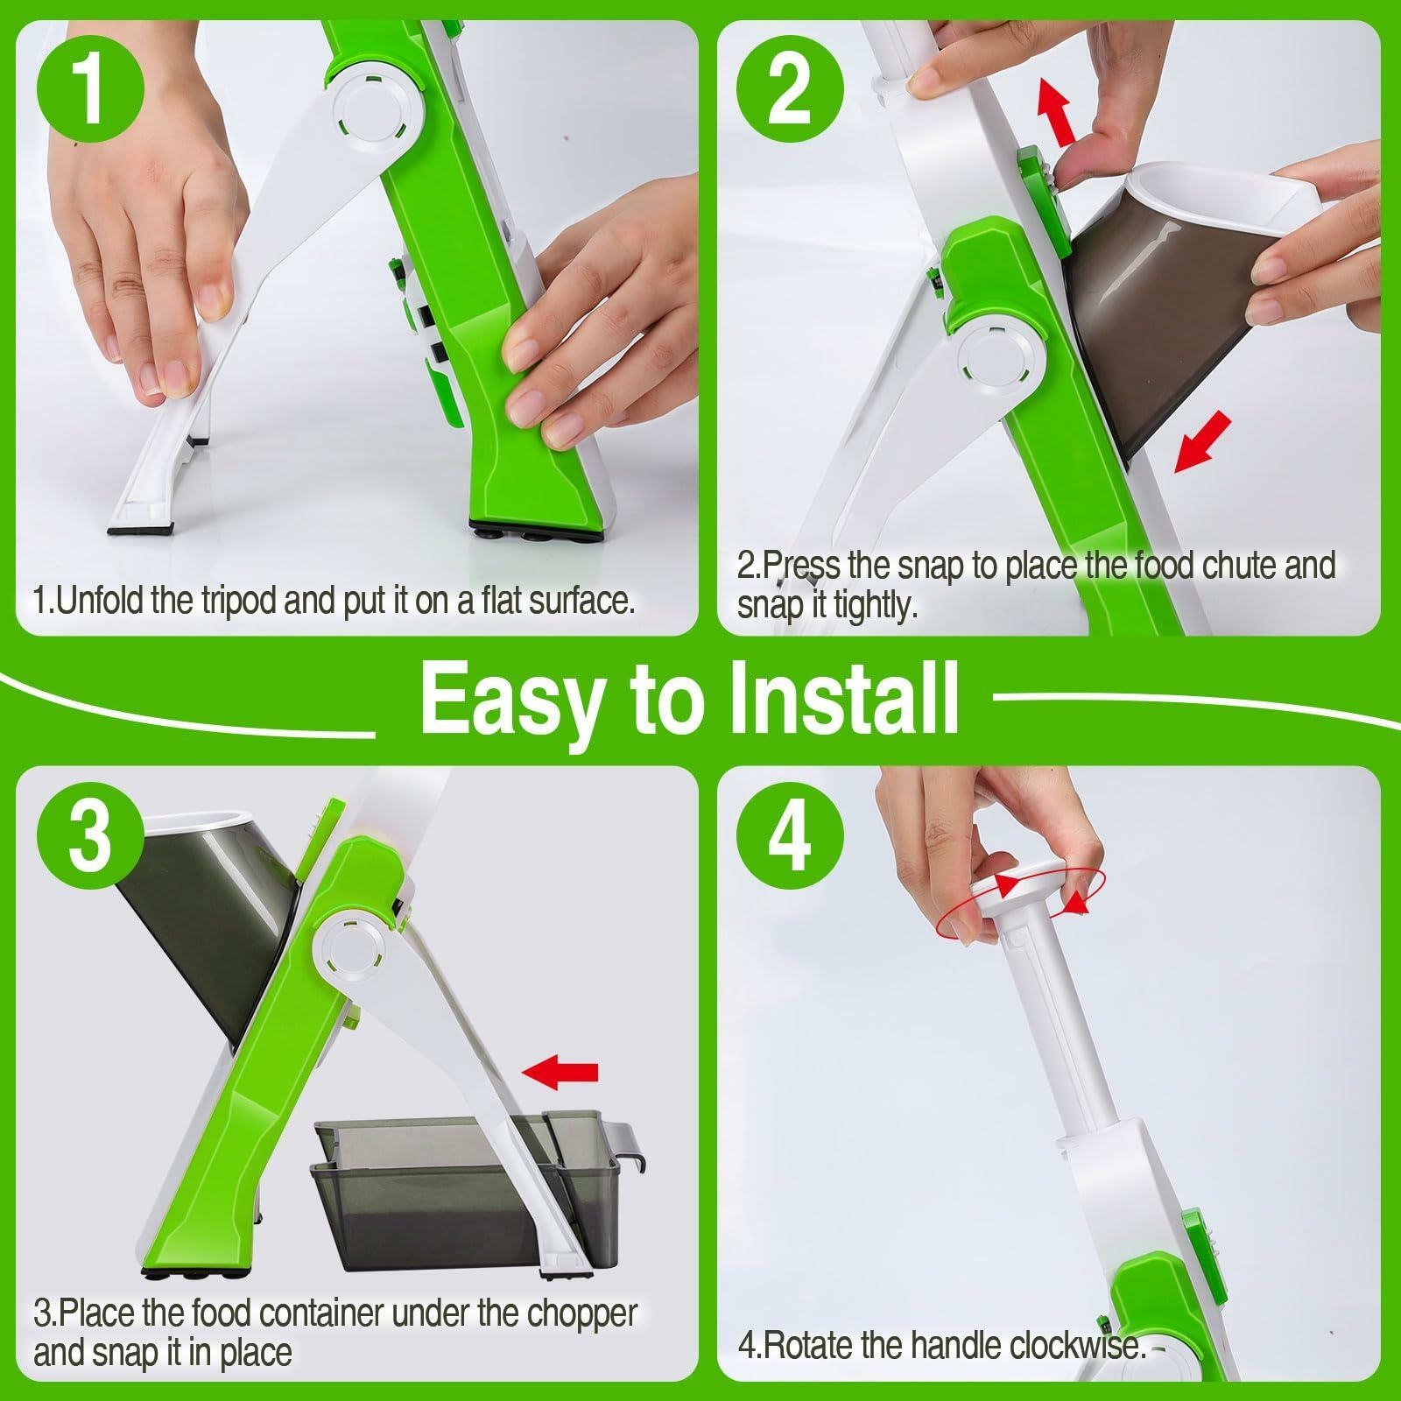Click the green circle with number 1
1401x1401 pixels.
coord(91,94)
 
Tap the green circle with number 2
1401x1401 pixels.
coord(790,94)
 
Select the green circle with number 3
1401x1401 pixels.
coord(91,838)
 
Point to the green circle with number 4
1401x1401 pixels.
coord(790,838)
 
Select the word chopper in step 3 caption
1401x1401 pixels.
coord(582,1314)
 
